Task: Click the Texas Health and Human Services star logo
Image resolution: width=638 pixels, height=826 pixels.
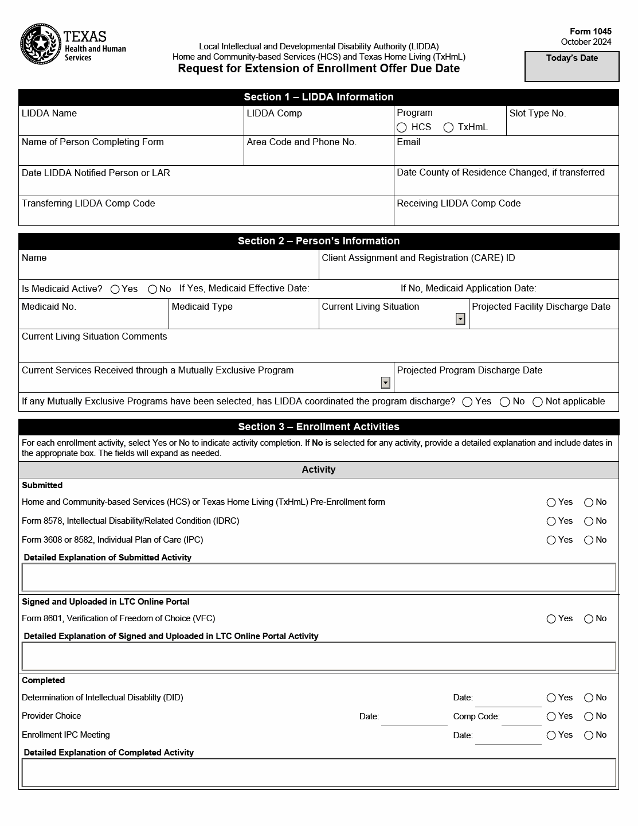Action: coord(40,44)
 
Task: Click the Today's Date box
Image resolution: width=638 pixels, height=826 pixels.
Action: coord(572,67)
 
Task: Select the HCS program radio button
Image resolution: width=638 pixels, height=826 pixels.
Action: coord(402,127)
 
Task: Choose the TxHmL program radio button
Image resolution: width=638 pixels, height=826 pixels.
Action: coord(448,127)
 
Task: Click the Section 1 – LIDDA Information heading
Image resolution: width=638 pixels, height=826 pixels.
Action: coord(319,97)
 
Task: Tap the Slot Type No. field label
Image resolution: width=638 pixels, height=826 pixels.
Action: coord(537,114)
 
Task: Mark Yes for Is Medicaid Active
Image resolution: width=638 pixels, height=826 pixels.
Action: coord(115,289)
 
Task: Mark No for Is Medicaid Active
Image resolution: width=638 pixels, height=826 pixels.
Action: coord(152,289)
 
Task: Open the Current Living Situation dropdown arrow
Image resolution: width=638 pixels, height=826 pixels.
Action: coord(460,319)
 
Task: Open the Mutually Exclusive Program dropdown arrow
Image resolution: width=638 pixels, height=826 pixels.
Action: coord(386,383)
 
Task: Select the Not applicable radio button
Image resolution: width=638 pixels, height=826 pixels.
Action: coord(538,402)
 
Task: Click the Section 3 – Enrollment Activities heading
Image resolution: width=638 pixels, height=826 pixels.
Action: coord(319,427)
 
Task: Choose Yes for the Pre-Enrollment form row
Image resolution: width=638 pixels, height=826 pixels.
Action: coord(551,502)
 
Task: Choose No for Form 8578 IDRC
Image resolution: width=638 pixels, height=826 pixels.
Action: coord(589,521)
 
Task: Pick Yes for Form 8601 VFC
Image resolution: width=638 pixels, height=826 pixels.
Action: coord(551,619)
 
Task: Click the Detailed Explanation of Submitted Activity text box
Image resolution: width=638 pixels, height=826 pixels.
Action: coord(319,577)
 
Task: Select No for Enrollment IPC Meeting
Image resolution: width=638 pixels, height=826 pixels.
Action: coord(589,735)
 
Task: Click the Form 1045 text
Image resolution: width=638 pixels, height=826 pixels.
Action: coord(590,32)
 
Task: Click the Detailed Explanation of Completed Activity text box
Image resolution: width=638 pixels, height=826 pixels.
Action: coord(319,773)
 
